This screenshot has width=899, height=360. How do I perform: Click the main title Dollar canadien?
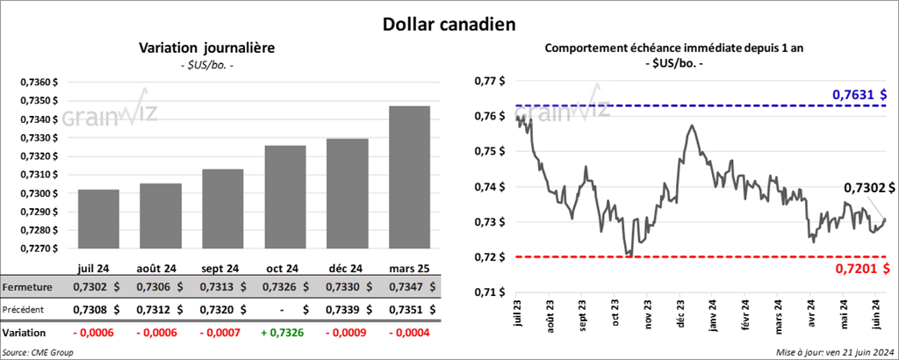449,23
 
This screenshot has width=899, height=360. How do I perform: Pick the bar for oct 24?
285,198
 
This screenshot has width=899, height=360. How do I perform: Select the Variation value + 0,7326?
285,334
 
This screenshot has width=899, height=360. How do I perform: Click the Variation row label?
25,334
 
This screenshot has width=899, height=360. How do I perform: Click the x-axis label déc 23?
680,314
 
